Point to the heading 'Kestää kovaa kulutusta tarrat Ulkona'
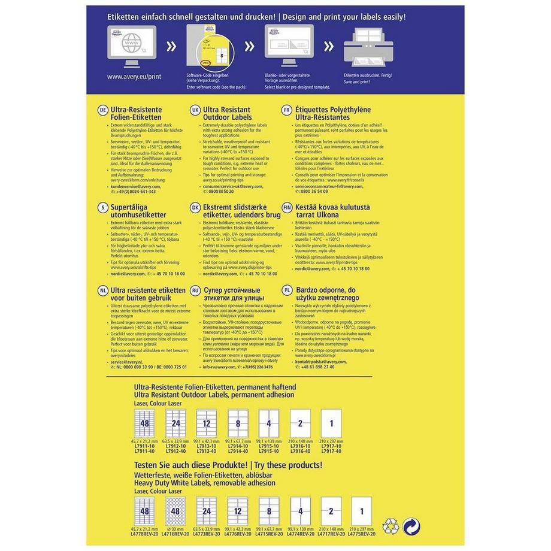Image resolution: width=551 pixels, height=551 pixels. pyautogui.click(x=326, y=210)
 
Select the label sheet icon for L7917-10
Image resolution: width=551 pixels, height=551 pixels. pyautogui.click(x=331, y=423)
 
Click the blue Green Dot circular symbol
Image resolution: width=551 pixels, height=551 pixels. pyautogui.click(x=411, y=525)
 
